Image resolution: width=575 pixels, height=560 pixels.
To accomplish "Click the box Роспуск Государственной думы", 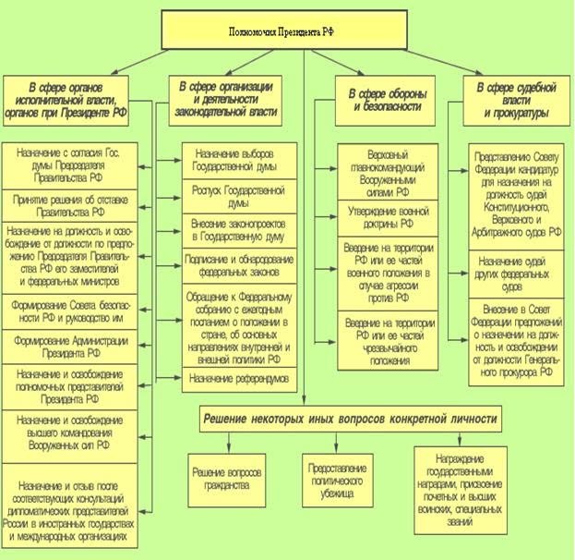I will [239, 199].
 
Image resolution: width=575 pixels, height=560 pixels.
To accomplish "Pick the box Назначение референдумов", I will [239, 379].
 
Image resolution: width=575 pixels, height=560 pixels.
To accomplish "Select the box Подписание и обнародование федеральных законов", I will [239, 263].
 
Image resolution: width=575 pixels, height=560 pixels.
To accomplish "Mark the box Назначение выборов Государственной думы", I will [239, 159].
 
